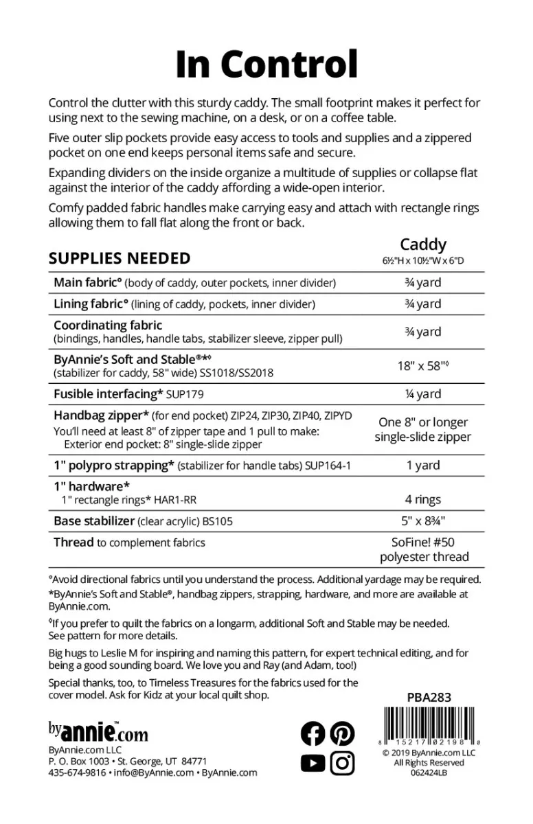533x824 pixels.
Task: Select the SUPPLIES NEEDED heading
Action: tap(120, 259)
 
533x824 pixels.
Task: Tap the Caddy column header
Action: tap(423, 244)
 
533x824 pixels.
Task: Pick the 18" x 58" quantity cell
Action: tap(423, 366)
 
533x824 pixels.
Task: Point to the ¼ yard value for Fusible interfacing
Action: tap(423, 394)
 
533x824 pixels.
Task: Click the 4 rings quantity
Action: tap(423, 500)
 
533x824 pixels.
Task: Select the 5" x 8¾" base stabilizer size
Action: tap(423, 521)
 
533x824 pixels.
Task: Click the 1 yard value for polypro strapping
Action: tap(423, 465)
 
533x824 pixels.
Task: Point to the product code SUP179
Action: tap(185, 395)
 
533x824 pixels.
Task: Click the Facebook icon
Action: tap(313, 734)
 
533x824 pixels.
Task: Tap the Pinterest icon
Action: tap(342, 734)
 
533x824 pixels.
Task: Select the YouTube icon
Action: tap(313, 763)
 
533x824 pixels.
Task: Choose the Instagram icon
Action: tap(342, 763)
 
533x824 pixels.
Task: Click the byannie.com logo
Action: tap(98, 732)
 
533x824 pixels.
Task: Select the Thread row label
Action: tap(73, 542)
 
